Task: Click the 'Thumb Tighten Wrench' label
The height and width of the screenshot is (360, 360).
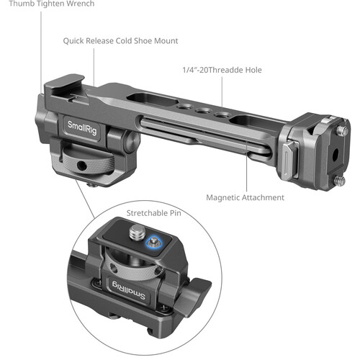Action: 52,4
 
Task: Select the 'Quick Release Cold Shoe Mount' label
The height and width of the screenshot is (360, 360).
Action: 120,41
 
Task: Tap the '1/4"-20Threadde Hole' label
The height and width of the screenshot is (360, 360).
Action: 222,70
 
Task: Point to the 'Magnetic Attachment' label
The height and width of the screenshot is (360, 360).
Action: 245,197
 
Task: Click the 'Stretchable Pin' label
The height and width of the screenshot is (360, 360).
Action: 153,213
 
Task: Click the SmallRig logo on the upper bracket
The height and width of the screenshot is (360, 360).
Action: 82,127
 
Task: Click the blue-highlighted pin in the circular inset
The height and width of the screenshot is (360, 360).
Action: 153,243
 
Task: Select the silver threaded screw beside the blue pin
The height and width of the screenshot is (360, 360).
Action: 137,232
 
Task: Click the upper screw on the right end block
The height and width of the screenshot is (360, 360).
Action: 342,130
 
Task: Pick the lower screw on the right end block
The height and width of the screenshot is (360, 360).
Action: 341,181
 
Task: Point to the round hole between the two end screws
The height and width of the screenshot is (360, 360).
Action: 336,153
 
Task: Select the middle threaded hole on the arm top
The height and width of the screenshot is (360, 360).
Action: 203,111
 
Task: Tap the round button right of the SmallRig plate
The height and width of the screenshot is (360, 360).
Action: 132,142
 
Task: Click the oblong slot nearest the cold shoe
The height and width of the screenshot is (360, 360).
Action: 153,99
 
